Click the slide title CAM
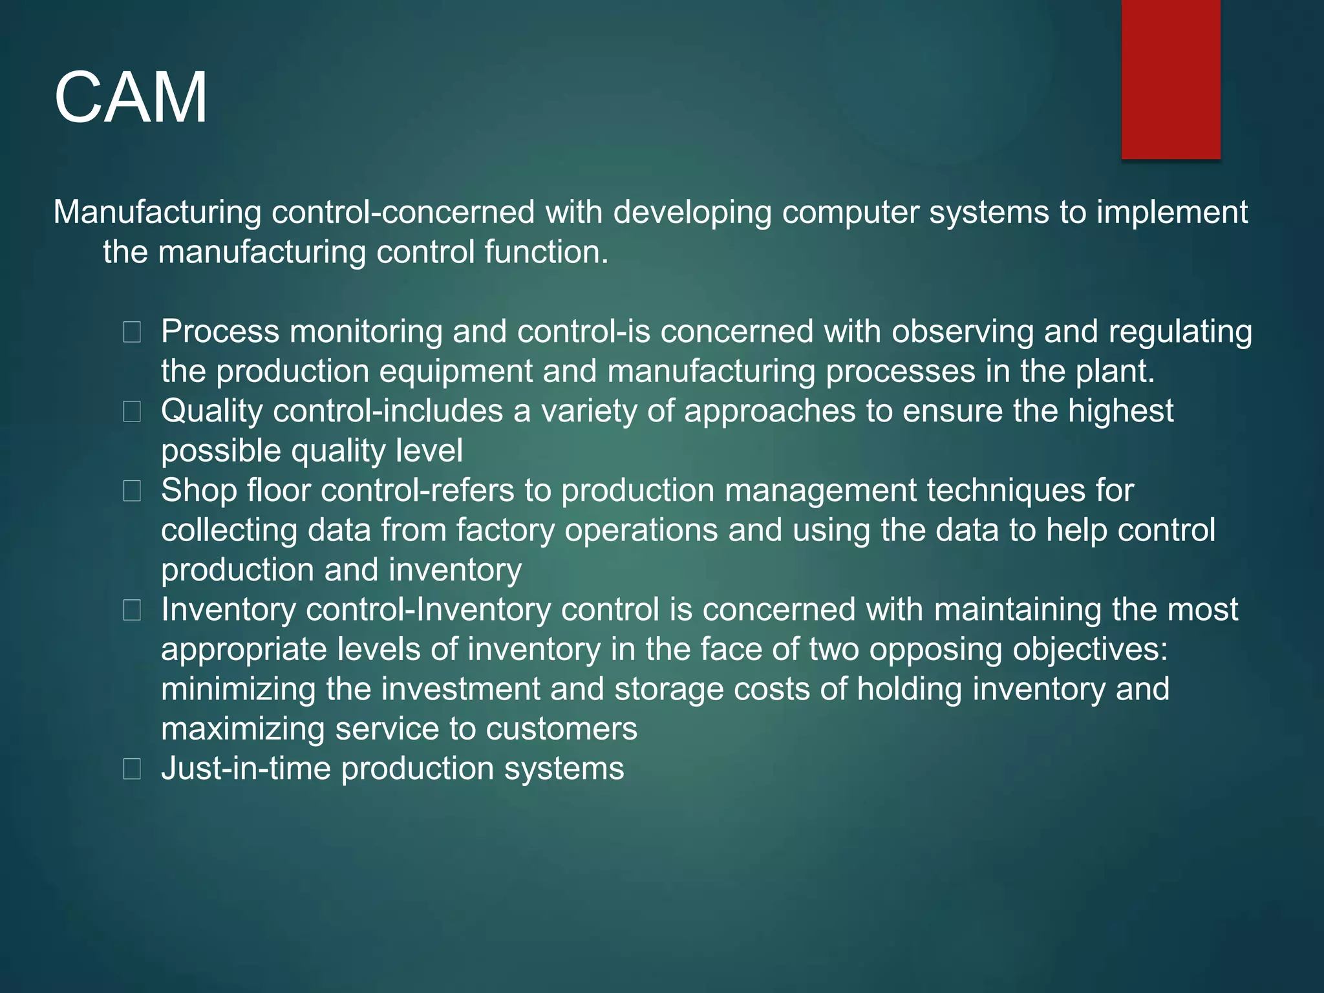pos(131,98)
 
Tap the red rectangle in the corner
pos(1170,79)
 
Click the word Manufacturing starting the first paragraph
pos(157,212)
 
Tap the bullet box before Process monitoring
pos(132,332)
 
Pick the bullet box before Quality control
pos(132,412)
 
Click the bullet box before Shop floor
pos(132,491)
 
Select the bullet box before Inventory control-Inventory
pos(132,610)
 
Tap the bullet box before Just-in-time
pos(132,769)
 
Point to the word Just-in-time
pos(246,769)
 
